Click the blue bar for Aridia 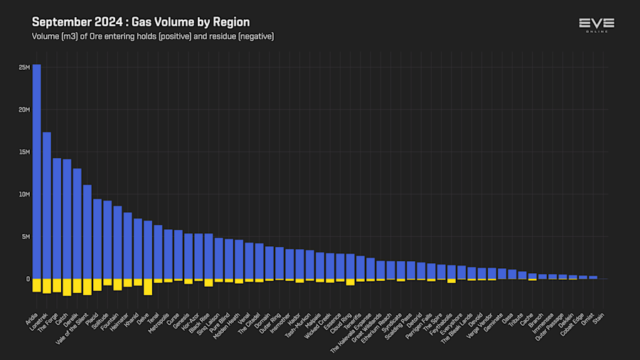pyautogui.click(x=36, y=171)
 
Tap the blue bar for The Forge pyautogui.click(x=57, y=218)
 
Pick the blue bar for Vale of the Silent pyautogui.click(x=87, y=231)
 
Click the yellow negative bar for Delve pyautogui.click(x=148, y=286)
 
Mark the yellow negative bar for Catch pyautogui.click(x=67, y=287)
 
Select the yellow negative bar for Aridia pyautogui.click(x=36, y=285)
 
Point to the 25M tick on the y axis pyautogui.click(x=24, y=68)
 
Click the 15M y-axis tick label pyautogui.click(x=24, y=152)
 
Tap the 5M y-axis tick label pyautogui.click(x=26, y=236)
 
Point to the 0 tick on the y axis pyautogui.click(x=28, y=279)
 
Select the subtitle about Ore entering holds pyautogui.click(x=153, y=36)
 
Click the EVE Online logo pyautogui.click(x=597, y=25)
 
